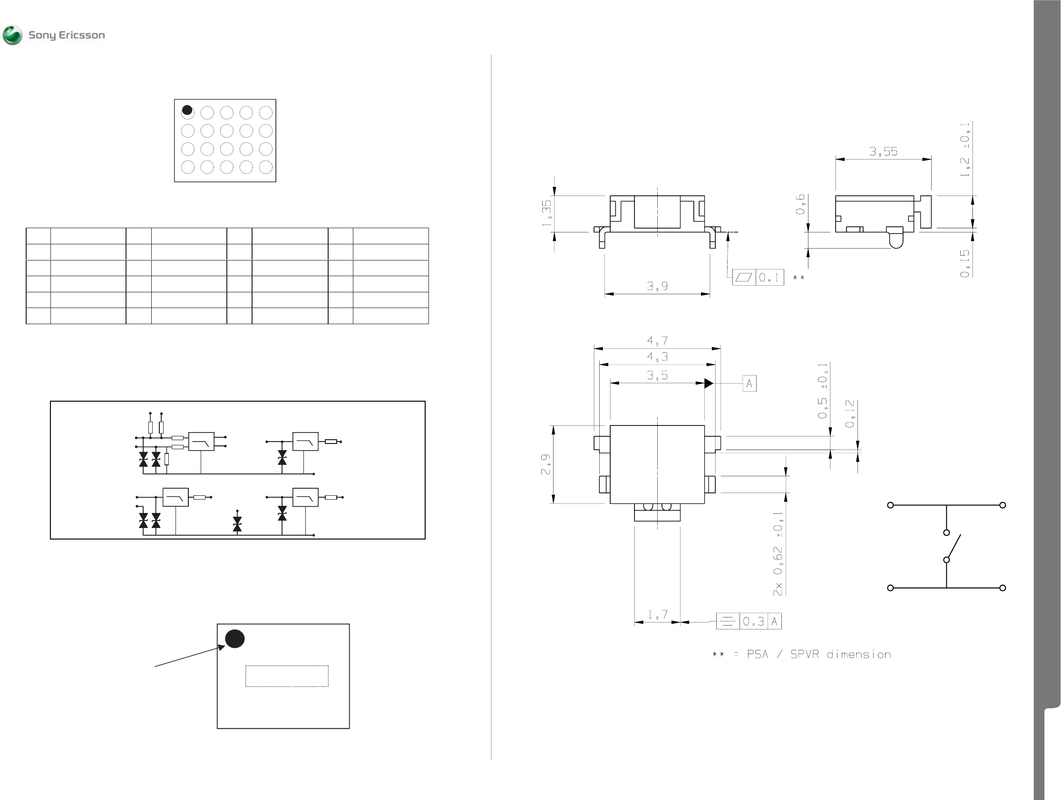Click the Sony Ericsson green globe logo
(12, 36)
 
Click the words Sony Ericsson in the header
(67, 36)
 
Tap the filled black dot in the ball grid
(187, 110)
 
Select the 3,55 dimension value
(883, 152)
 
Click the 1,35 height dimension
(547, 213)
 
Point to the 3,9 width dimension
(657, 286)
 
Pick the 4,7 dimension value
(657, 341)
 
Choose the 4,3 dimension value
(657, 357)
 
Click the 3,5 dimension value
(657, 376)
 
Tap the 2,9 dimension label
(546, 464)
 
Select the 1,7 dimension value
(657, 615)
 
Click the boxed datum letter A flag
(749, 384)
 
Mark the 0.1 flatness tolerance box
(758, 278)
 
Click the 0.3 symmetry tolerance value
(753, 622)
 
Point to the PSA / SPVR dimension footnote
(801, 655)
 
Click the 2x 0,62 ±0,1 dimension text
(778, 554)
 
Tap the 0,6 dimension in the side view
(800, 204)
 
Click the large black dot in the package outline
(235, 638)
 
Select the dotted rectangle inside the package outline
(287, 676)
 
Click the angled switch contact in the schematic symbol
(954, 547)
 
